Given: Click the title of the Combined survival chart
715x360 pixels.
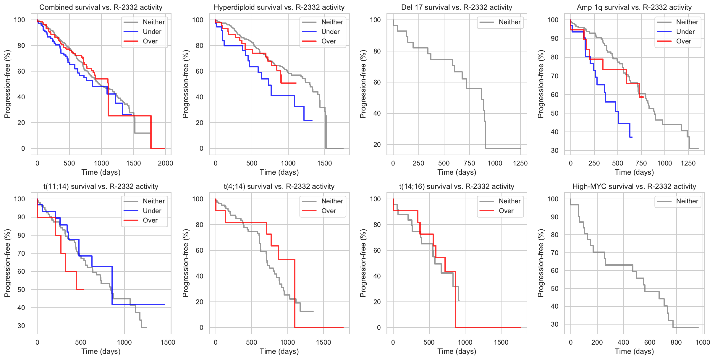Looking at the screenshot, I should [101, 7].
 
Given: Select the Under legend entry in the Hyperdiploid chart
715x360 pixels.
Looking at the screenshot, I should [330, 32].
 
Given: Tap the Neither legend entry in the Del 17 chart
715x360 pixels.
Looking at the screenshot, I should [509, 22].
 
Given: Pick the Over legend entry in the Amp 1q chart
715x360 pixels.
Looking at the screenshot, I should [683, 41].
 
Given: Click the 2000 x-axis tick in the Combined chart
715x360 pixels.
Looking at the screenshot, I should [165, 163].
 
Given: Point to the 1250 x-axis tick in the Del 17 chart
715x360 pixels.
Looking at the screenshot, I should [520, 163].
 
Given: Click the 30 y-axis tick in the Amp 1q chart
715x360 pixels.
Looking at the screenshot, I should [555, 150].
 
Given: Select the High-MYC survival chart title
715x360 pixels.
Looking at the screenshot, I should [634, 187].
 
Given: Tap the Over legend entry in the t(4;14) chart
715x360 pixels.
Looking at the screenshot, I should [329, 211].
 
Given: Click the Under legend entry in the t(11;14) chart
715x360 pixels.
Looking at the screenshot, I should [152, 211].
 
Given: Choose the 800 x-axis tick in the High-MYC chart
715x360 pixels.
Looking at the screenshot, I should [676, 342].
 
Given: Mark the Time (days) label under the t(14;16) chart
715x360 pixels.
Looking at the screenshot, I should [457, 351].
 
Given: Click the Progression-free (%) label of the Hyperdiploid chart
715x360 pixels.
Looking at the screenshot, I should [185, 84].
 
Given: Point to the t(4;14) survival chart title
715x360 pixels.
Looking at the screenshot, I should [279, 187].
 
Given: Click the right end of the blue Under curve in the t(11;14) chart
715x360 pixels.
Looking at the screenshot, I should [165, 304].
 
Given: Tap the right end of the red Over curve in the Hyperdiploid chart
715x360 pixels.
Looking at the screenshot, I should [296, 83].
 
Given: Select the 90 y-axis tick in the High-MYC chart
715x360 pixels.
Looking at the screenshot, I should [555, 217].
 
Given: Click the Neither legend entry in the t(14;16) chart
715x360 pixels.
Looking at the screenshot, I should [509, 201].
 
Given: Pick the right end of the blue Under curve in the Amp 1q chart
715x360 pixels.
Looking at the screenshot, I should [632, 137].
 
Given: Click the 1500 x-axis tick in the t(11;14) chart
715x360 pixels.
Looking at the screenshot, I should [168, 342].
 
